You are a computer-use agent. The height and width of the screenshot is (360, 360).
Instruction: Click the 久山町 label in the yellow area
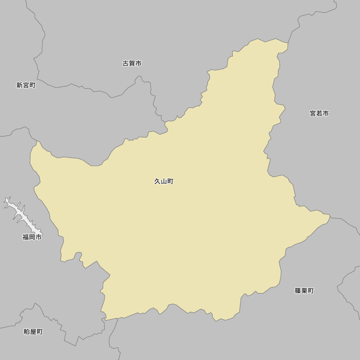point(164,181)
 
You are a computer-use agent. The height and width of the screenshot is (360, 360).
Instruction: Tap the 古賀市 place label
point(132,64)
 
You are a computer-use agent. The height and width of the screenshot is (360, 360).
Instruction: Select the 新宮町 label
point(26,85)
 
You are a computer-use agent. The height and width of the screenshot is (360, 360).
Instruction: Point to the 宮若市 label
point(319,114)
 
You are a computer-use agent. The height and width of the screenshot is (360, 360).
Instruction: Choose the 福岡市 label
point(32,237)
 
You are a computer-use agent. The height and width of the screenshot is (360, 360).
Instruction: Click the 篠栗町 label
point(304,291)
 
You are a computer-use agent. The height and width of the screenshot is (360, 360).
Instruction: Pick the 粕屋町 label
point(33,332)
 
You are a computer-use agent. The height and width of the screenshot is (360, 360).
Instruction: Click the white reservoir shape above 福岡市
point(22,216)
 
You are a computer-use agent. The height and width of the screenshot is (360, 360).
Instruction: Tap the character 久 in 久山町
point(157,181)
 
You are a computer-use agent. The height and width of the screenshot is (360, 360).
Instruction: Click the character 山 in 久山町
point(164,181)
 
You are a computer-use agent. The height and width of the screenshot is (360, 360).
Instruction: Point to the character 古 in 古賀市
point(126,64)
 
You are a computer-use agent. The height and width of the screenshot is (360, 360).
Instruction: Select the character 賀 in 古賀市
point(132,64)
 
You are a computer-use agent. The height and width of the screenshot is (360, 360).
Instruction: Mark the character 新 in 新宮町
point(19,85)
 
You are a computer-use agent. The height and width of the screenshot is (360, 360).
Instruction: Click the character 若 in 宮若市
point(319,114)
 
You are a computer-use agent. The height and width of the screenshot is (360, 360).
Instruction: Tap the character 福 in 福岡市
point(26,237)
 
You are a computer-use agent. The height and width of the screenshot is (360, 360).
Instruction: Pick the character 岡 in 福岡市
point(32,237)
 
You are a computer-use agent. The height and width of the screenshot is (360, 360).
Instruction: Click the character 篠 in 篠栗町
point(298,291)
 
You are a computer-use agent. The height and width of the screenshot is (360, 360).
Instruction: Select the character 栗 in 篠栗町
point(304,291)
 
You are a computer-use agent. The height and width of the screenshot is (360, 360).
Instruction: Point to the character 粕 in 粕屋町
point(27,332)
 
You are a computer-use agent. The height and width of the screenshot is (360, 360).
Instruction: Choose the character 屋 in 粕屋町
point(33,332)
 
